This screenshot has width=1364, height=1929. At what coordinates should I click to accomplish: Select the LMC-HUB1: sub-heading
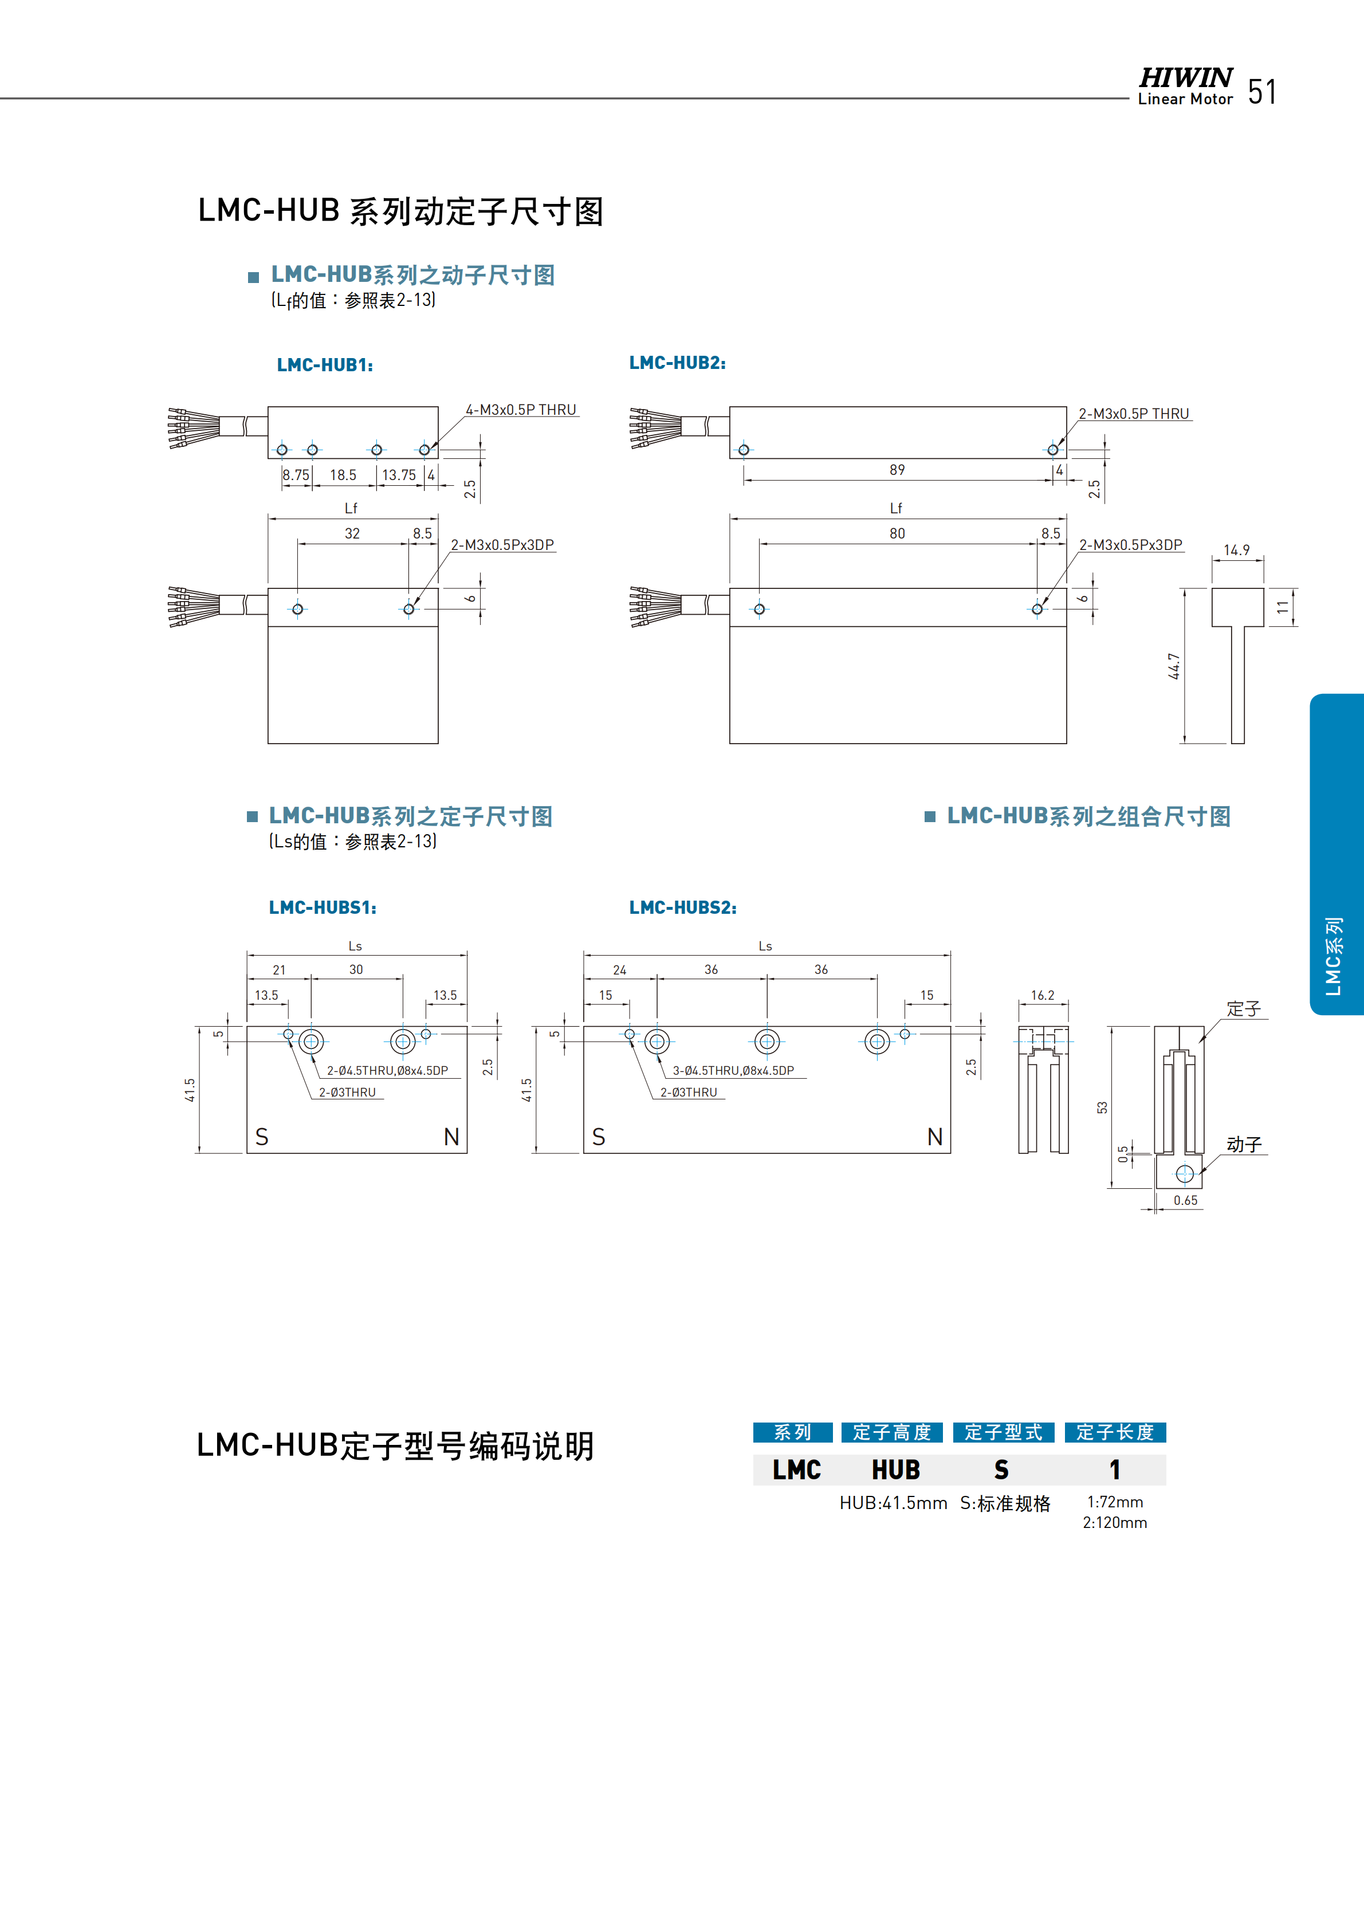tap(325, 364)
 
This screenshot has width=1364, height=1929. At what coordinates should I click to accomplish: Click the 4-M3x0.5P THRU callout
tap(521, 410)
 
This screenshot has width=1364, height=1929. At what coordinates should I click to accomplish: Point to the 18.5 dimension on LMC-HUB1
tap(343, 476)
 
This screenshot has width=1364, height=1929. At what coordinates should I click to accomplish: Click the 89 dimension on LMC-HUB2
tap(897, 470)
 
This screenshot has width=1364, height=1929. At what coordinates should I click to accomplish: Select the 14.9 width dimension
tap(1236, 551)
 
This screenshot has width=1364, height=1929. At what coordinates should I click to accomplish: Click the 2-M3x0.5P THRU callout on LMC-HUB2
tap(1133, 414)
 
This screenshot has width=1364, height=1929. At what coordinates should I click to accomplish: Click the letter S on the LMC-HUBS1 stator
tap(262, 1137)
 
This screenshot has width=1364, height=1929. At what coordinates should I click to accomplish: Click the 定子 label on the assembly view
tap(1243, 1009)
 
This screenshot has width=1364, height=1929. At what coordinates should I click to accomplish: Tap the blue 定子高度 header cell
tap(892, 1432)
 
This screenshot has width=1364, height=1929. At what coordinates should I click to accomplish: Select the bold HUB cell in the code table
tap(895, 1470)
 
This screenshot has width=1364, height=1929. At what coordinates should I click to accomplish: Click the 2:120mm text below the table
tap(1115, 1522)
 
